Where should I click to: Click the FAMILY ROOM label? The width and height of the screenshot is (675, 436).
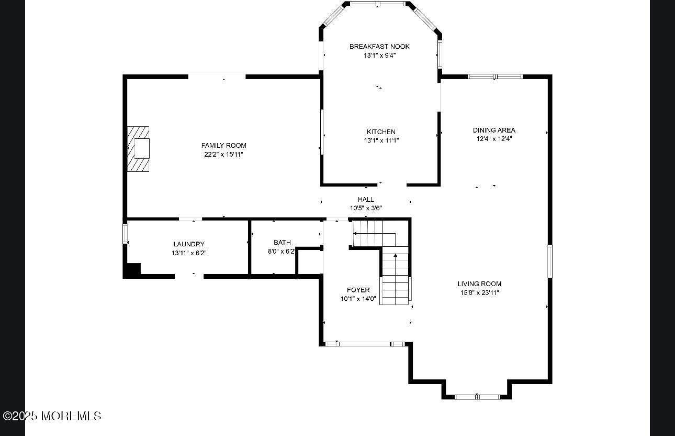(223, 146)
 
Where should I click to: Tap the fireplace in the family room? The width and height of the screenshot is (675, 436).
(138, 149)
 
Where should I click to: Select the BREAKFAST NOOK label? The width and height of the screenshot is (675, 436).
(379, 47)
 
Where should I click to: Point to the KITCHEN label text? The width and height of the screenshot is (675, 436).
(381, 132)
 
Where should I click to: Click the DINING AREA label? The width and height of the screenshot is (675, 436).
(494, 130)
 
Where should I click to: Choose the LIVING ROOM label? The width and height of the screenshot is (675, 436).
(479, 284)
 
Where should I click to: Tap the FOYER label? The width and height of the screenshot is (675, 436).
(358, 290)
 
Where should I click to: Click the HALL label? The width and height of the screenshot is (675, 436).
(366, 200)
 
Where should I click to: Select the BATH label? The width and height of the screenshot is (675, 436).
(282, 242)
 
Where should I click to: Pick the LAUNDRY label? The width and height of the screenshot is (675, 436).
(189, 244)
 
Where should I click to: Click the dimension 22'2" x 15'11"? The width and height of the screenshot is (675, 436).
(223, 155)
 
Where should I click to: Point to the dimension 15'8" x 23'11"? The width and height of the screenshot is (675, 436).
(479, 293)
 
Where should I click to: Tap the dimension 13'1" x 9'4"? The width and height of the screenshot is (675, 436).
(379, 56)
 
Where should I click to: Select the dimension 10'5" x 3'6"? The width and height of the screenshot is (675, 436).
(366, 208)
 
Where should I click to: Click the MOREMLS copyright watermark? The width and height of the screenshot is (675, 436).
(52, 416)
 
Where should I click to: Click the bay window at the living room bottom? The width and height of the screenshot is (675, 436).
(477, 397)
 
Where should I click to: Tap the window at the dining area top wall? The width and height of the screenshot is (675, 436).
(495, 77)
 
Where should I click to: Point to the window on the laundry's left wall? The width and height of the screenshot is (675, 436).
(125, 234)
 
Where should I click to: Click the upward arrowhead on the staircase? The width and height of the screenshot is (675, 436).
(396, 256)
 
